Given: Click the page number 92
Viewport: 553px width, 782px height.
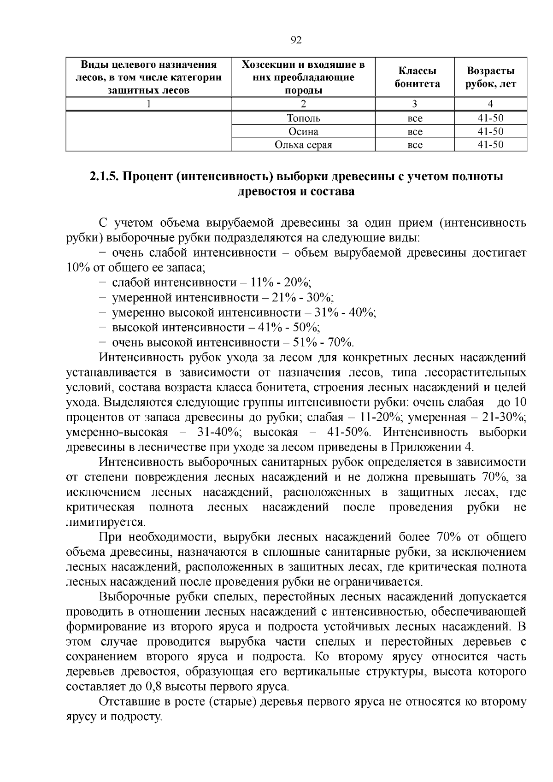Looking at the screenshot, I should point(296,40).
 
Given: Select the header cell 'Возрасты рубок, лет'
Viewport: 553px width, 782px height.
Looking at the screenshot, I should point(490,77).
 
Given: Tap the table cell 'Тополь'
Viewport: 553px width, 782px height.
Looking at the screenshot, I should point(303,118).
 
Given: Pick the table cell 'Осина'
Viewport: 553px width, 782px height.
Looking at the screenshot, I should point(303,132).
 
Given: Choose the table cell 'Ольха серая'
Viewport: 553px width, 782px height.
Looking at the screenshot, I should point(303,145).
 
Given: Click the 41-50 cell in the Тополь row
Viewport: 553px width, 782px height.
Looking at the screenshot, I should point(490,118).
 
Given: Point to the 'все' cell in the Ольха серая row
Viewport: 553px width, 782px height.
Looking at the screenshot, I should point(415,145).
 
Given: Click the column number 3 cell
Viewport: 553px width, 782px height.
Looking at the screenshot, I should point(415,104).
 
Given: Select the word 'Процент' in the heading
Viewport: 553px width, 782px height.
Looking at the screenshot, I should point(147,177).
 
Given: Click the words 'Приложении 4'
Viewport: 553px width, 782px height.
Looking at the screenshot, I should point(431,447).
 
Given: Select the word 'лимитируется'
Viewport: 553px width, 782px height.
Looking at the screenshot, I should point(106,523).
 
